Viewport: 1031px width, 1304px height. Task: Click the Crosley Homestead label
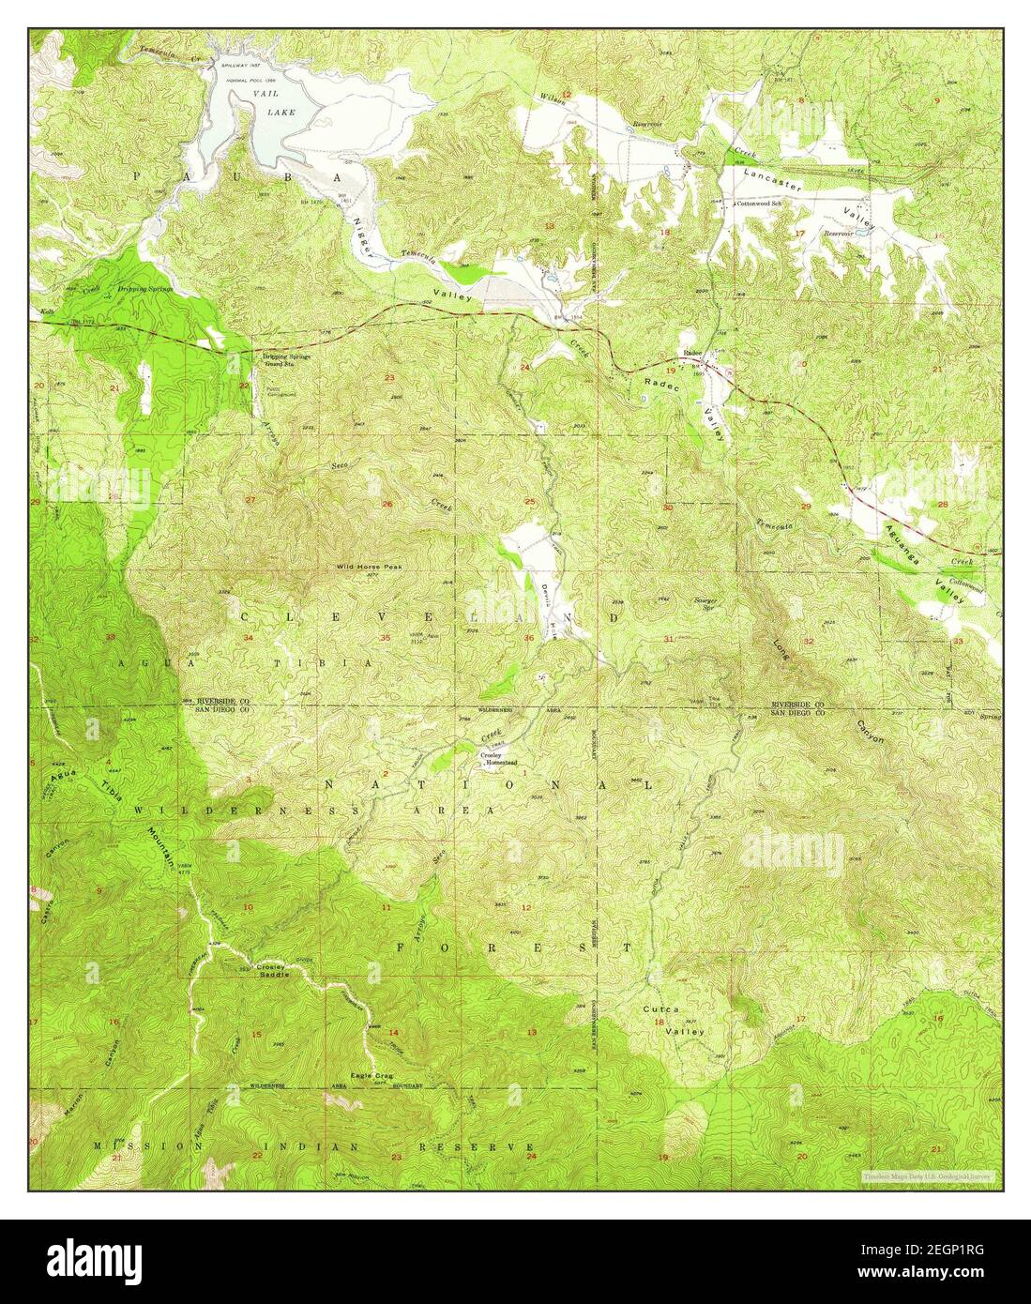498,759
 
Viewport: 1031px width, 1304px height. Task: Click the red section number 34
248,638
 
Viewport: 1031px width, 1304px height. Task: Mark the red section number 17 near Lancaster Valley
800,232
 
